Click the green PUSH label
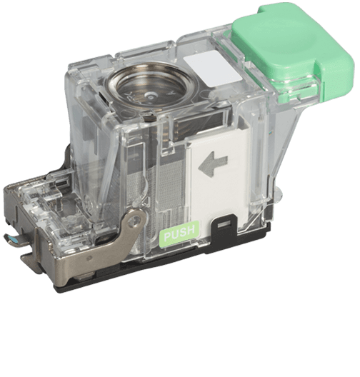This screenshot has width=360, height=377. point(180,233)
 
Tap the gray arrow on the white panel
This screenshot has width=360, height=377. point(212,164)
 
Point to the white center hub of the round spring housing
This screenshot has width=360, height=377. point(151,96)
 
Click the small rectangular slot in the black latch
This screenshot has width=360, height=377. point(223,225)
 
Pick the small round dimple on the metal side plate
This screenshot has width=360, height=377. point(89,258)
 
